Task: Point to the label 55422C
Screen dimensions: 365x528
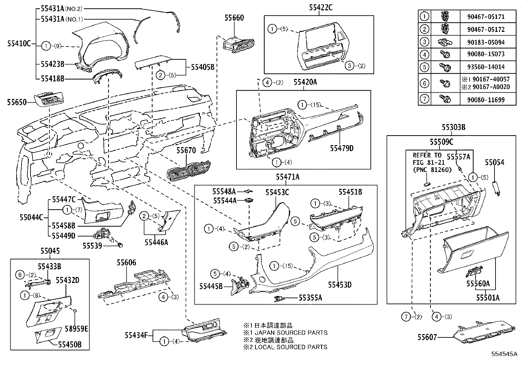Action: tap(320, 7)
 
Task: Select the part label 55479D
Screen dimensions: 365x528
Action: tap(342, 148)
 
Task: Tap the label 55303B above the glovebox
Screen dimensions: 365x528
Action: tap(453, 127)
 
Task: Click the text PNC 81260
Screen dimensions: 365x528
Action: tap(432, 170)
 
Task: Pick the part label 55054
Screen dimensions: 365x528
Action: tap(494, 162)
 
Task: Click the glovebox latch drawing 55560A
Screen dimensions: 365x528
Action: tap(474, 273)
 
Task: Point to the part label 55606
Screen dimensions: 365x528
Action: tap(126, 263)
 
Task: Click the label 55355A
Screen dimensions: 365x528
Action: tap(310, 298)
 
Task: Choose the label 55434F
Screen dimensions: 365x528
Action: tap(136, 335)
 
